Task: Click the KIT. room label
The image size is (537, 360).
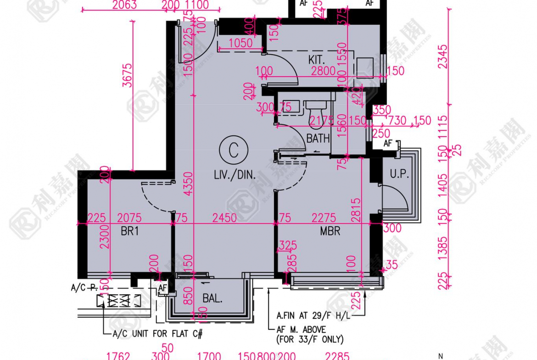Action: point(317,59)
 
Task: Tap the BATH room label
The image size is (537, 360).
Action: point(318,138)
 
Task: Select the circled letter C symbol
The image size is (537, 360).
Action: point(234,150)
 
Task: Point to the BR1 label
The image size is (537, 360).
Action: point(130,232)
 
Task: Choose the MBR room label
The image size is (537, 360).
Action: point(330,232)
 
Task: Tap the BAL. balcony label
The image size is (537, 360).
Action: point(212,299)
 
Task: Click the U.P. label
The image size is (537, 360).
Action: point(399,174)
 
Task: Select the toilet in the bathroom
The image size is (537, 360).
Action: point(316,111)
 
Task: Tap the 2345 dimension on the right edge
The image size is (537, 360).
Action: point(442,56)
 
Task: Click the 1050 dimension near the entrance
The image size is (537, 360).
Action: point(241,43)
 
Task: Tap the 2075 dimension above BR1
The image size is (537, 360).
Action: point(129,217)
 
